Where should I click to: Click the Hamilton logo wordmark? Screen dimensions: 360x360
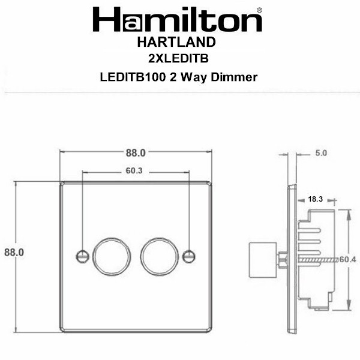tap(177, 19)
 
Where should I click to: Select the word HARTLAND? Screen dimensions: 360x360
tap(176, 42)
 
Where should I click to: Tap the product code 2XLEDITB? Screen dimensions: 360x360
tap(178, 58)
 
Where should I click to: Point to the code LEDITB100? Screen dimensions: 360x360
tap(133, 77)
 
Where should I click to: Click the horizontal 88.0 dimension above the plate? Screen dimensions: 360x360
tap(136, 153)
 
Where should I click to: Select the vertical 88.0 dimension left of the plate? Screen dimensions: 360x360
tap(14, 253)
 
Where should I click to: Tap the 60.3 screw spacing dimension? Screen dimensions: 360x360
tap(134, 170)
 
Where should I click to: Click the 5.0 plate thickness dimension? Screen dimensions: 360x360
tap(321, 153)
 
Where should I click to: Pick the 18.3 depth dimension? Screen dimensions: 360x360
tap(315, 199)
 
